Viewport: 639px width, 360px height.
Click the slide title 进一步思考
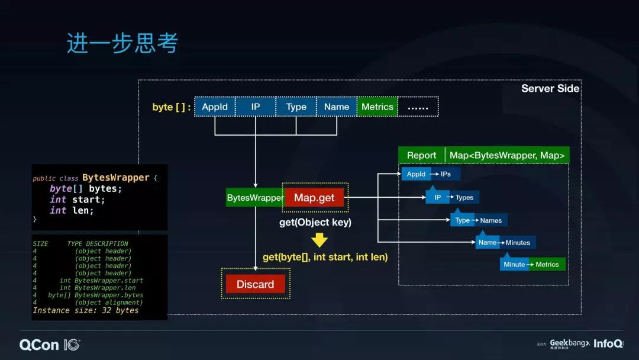pyautogui.click(x=122, y=44)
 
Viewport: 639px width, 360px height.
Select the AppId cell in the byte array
pyautogui.click(x=215, y=107)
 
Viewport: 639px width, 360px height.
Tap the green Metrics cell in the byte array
pyautogui.click(x=377, y=107)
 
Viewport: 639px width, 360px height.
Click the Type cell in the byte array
pyautogui.click(x=296, y=107)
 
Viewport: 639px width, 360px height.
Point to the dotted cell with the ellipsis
pyautogui.click(x=418, y=107)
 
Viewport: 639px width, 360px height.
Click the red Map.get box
pyautogui.click(x=314, y=198)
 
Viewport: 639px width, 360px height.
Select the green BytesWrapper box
pyautogui.click(x=254, y=198)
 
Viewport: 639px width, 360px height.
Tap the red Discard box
pyautogui.click(x=255, y=284)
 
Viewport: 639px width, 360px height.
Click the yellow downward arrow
pyautogui.click(x=319, y=239)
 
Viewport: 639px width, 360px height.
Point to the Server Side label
pyautogui.click(x=550, y=89)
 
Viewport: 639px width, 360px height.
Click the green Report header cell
pyautogui.click(x=421, y=155)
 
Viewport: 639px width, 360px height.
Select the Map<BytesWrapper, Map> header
pyautogui.click(x=507, y=155)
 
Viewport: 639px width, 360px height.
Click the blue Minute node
pyautogui.click(x=514, y=265)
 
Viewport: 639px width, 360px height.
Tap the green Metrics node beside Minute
pyautogui.click(x=547, y=265)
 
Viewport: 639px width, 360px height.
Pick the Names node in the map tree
pyautogui.click(x=491, y=220)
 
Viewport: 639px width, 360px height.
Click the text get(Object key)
pyautogui.click(x=315, y=223)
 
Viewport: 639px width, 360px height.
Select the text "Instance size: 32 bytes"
pyautogui.click(x=86, y=310)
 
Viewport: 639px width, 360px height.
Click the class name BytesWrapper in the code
pyautogui.click(x=115, y=178)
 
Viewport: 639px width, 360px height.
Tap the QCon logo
pyautogui.click(x=50, y=344)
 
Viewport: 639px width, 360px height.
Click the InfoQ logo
pyautogui.click(x=608, y=343)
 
